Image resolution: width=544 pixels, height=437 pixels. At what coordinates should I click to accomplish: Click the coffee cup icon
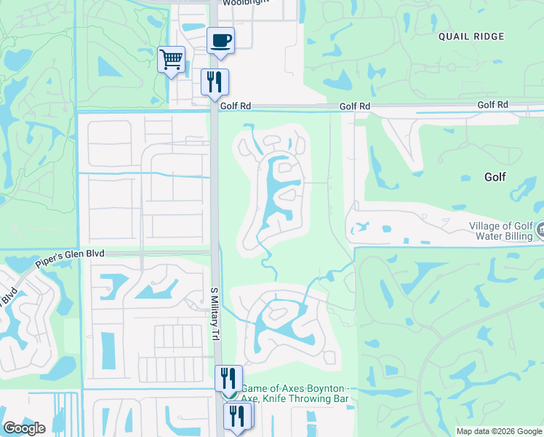[220, 41]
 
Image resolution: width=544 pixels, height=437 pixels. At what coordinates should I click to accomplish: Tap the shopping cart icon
[171, 58]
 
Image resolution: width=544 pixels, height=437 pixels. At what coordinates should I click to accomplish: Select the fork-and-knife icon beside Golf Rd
[215, 82]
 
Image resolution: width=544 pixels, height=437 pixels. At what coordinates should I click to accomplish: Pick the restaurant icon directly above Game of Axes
[229, 379]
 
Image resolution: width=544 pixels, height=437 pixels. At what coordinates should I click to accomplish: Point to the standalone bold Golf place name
[495, 177]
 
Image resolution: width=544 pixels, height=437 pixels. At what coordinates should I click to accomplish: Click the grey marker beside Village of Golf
[540, 231]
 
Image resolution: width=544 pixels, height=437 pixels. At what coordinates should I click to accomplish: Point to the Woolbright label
[246, 2]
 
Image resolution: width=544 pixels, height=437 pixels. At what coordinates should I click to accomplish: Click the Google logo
[23, 428]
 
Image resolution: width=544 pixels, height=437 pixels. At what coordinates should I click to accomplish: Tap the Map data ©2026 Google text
[498, 431]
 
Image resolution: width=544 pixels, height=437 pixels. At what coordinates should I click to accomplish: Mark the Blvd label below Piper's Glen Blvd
[9, 298]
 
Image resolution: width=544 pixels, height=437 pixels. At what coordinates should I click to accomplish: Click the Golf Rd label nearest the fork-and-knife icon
[235, 106]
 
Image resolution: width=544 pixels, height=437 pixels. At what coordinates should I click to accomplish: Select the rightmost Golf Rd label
[492, 106]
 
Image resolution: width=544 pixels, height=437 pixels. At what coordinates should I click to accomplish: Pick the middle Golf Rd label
[354, 106]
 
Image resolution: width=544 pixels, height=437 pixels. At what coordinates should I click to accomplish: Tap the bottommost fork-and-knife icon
[237, 417]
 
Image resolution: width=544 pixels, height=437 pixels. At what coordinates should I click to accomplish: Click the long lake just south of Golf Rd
[280, 191]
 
